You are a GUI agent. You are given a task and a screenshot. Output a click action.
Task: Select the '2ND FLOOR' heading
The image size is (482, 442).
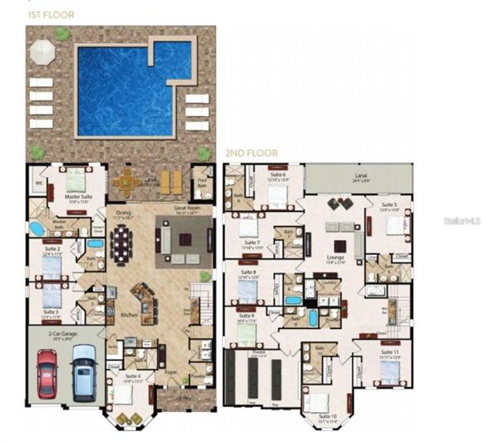251,154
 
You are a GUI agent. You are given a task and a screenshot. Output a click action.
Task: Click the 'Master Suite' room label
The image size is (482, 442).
77,197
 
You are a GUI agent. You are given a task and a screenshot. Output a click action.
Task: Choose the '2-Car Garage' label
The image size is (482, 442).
66,336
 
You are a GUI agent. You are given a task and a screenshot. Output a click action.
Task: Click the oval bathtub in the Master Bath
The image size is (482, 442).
37,229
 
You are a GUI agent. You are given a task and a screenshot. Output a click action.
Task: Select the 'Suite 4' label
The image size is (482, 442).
132,376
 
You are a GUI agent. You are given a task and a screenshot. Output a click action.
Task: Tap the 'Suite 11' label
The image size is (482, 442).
390,353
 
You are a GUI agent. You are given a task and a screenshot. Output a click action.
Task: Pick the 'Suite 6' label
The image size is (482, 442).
276,175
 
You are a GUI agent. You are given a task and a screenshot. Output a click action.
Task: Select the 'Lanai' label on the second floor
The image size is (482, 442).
361,175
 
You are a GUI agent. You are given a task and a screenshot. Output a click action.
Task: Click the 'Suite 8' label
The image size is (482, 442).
248,273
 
